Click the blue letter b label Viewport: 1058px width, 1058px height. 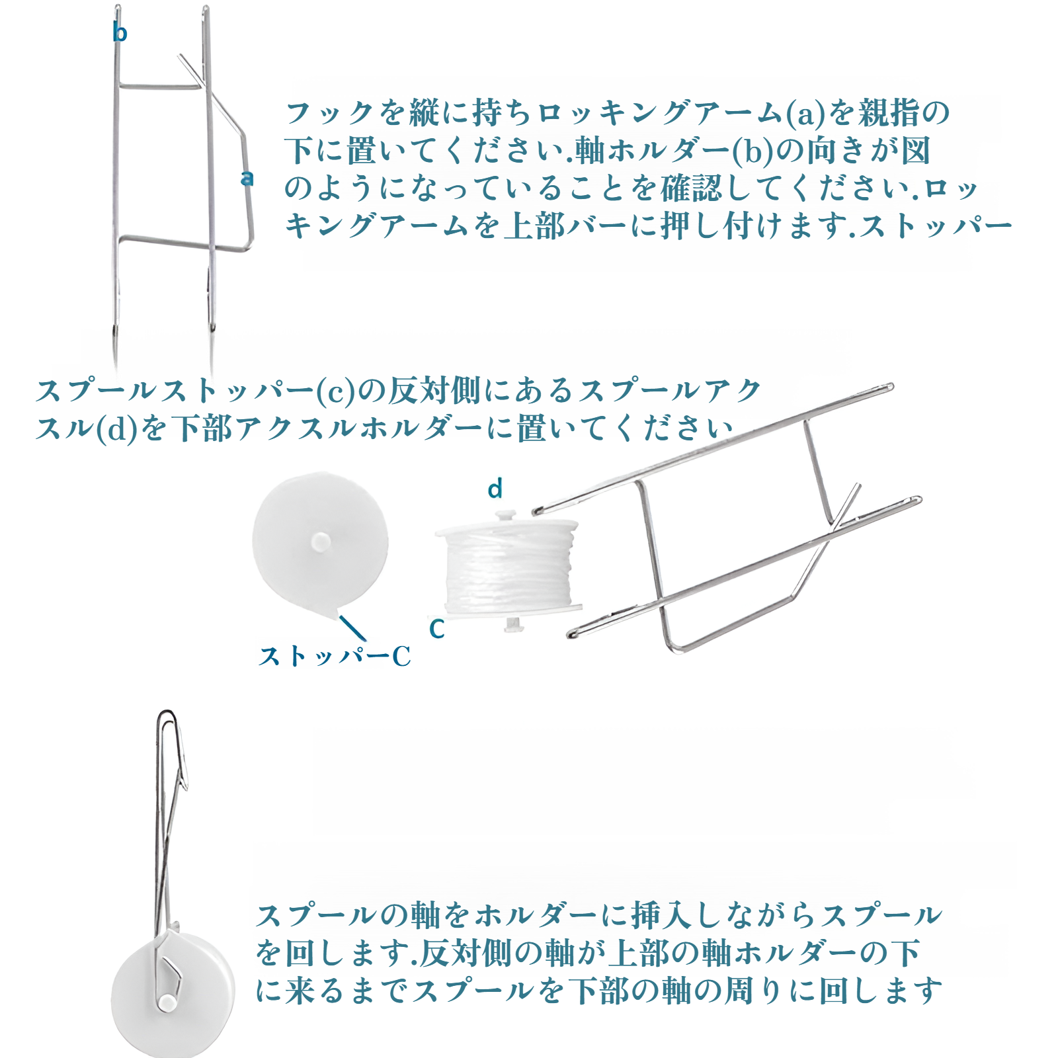coord(120,32)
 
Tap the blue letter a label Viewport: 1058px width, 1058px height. coord(247,178)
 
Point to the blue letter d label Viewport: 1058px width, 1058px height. coord(495,489)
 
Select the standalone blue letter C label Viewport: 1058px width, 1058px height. coord(436,628)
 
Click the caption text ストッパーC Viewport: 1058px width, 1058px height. coord(335,656)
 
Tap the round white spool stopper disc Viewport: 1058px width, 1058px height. coord(320,542)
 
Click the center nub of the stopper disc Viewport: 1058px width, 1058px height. coord(321,542)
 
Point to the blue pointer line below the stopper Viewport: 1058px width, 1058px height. coord(352,628)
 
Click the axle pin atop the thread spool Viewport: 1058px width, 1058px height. coord(506,514)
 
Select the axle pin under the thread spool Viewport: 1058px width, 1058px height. coord(512,623)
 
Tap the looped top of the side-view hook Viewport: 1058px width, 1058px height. coord(167,719)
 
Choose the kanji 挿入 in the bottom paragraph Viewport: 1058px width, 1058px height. coord(662,915)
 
